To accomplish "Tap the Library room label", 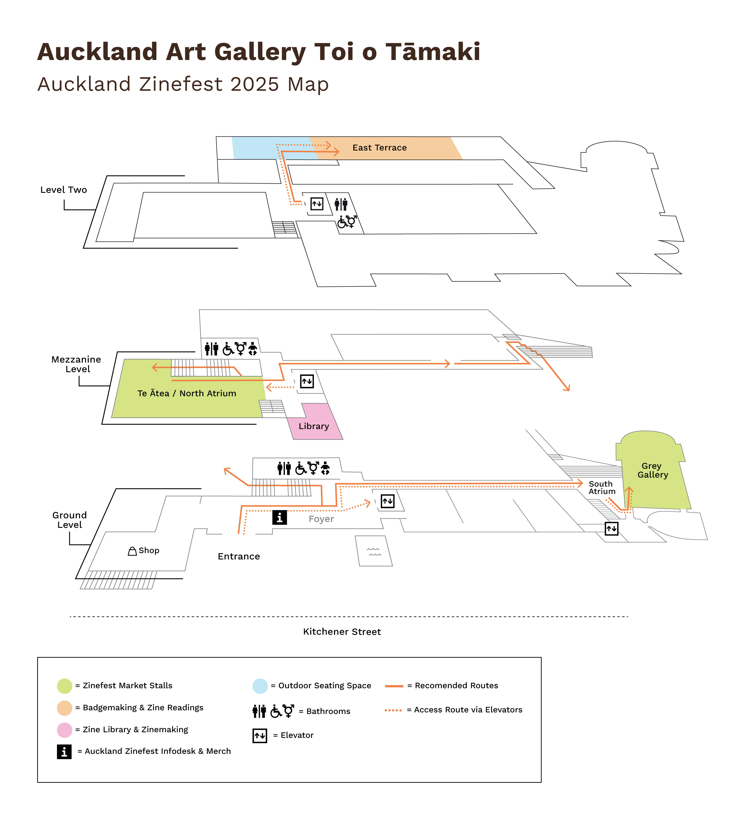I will click(314, 426).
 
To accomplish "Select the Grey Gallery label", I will click(652, 470).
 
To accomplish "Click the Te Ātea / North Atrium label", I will click(187, 393).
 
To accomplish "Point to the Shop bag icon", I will click(132, 551).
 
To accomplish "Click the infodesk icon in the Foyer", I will click(279, 517).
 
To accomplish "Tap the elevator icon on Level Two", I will click(317, 204).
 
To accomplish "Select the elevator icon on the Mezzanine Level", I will click(307, 381).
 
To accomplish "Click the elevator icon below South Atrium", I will click(611, 529).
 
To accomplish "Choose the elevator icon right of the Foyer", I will click(387, 501).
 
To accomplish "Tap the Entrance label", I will click(239, 556).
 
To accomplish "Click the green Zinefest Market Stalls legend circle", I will click(64, 686).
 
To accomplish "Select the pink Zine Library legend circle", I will click(64, 730).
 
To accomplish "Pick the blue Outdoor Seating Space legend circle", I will click(260, 686).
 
